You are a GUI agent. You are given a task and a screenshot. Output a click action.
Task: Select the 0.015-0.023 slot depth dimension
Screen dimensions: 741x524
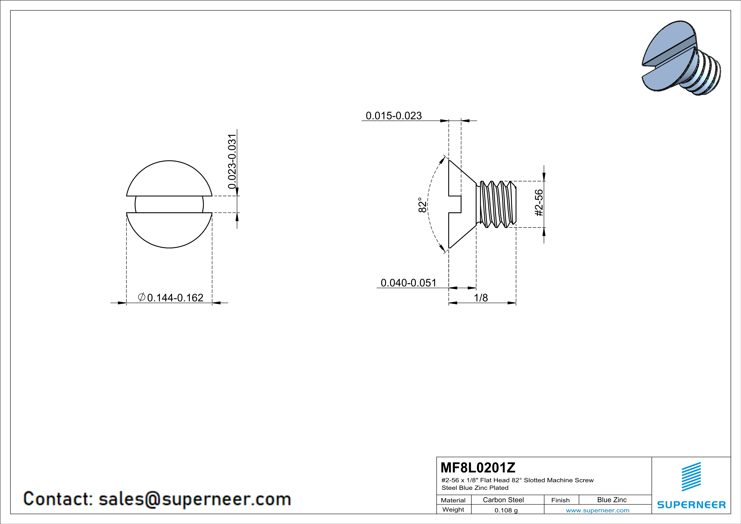click(x=393, y=116)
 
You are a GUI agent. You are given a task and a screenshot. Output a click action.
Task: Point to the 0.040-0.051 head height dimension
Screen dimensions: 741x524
click(x=408, y=283)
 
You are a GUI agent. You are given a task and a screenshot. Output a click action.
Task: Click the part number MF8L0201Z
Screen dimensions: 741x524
click(x=478, y=467)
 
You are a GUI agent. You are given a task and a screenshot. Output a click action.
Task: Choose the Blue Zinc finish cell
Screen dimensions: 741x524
click(x=612, y=500)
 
